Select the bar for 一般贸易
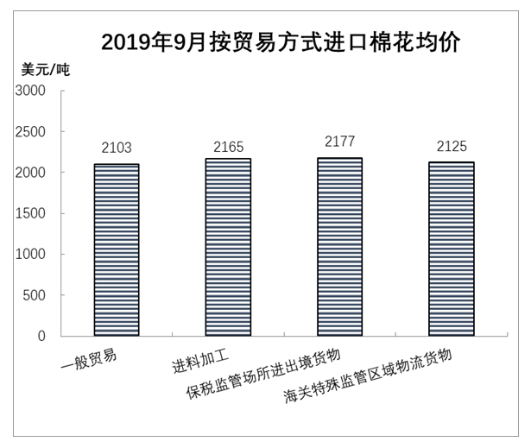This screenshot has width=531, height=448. [x=116, y=249]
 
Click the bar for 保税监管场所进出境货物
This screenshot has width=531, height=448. [x=339, y=247]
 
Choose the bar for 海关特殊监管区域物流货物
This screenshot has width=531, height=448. [x=451, y=249]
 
